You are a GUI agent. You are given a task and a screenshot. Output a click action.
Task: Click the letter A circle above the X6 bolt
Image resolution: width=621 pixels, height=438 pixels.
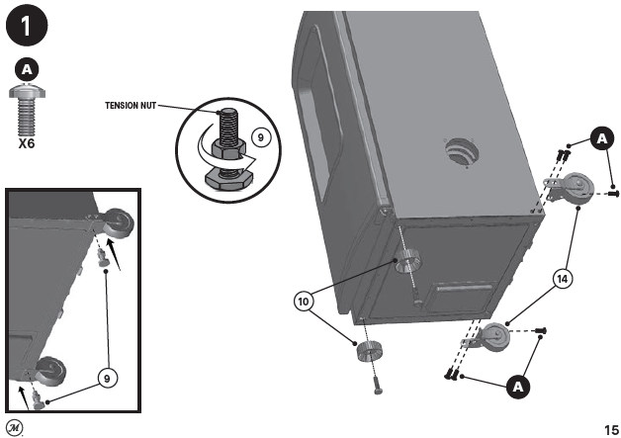point(29,70)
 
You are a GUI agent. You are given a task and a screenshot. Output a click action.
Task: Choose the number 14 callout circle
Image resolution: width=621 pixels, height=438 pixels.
point(561,280)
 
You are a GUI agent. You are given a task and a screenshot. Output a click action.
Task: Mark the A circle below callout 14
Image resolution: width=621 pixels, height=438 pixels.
point(516,387)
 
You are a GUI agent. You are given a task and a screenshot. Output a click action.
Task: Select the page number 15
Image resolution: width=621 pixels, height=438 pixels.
point(610,429)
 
